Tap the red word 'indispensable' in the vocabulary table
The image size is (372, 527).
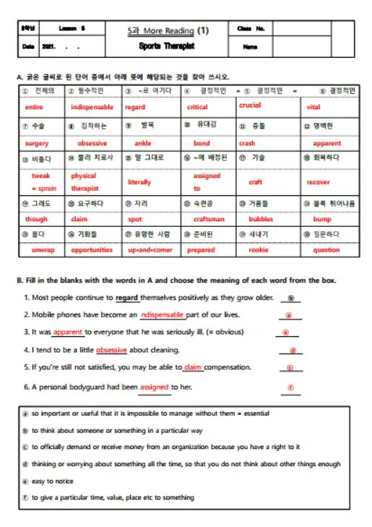click(92, 107)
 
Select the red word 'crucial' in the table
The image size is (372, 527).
click(250, 106)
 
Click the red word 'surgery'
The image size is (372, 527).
click(37, 143)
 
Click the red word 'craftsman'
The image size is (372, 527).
click(209, 219)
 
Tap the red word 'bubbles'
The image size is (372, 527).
click(261, 219)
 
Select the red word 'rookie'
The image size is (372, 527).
click(258, 250)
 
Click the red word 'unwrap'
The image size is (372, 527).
click(43, 250)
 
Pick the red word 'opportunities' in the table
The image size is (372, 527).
click(92, 250)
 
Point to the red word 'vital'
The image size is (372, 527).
click(313, 107)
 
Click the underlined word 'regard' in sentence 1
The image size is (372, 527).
click(126, 297)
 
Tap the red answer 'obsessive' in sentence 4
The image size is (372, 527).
click(111, 350)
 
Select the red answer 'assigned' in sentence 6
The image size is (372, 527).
click(155, 387)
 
